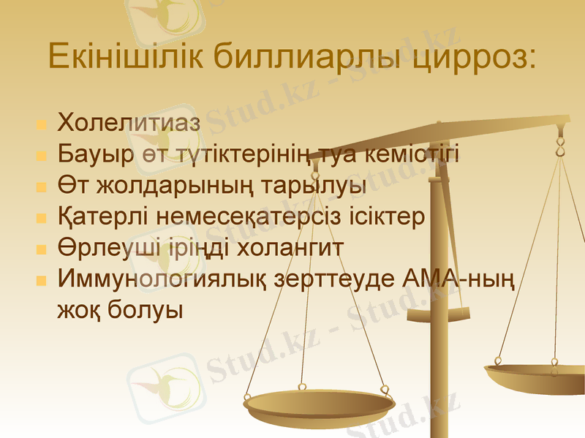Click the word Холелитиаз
(x=128, y=123)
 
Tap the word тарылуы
(x=325, y=186)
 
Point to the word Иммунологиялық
(x=164, y=279)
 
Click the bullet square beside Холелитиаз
(x=41, y=124)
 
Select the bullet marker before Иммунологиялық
(x=41, y=281)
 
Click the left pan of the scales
(x=319, y=404)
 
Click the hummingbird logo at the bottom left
(x=163, y=385)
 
